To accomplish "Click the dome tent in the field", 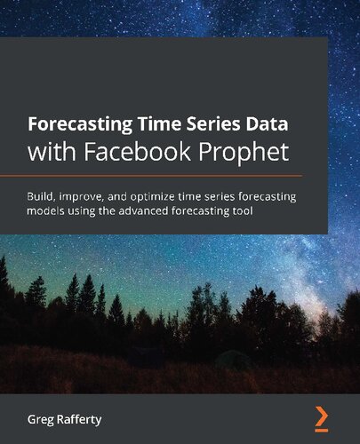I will [233, 358].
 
